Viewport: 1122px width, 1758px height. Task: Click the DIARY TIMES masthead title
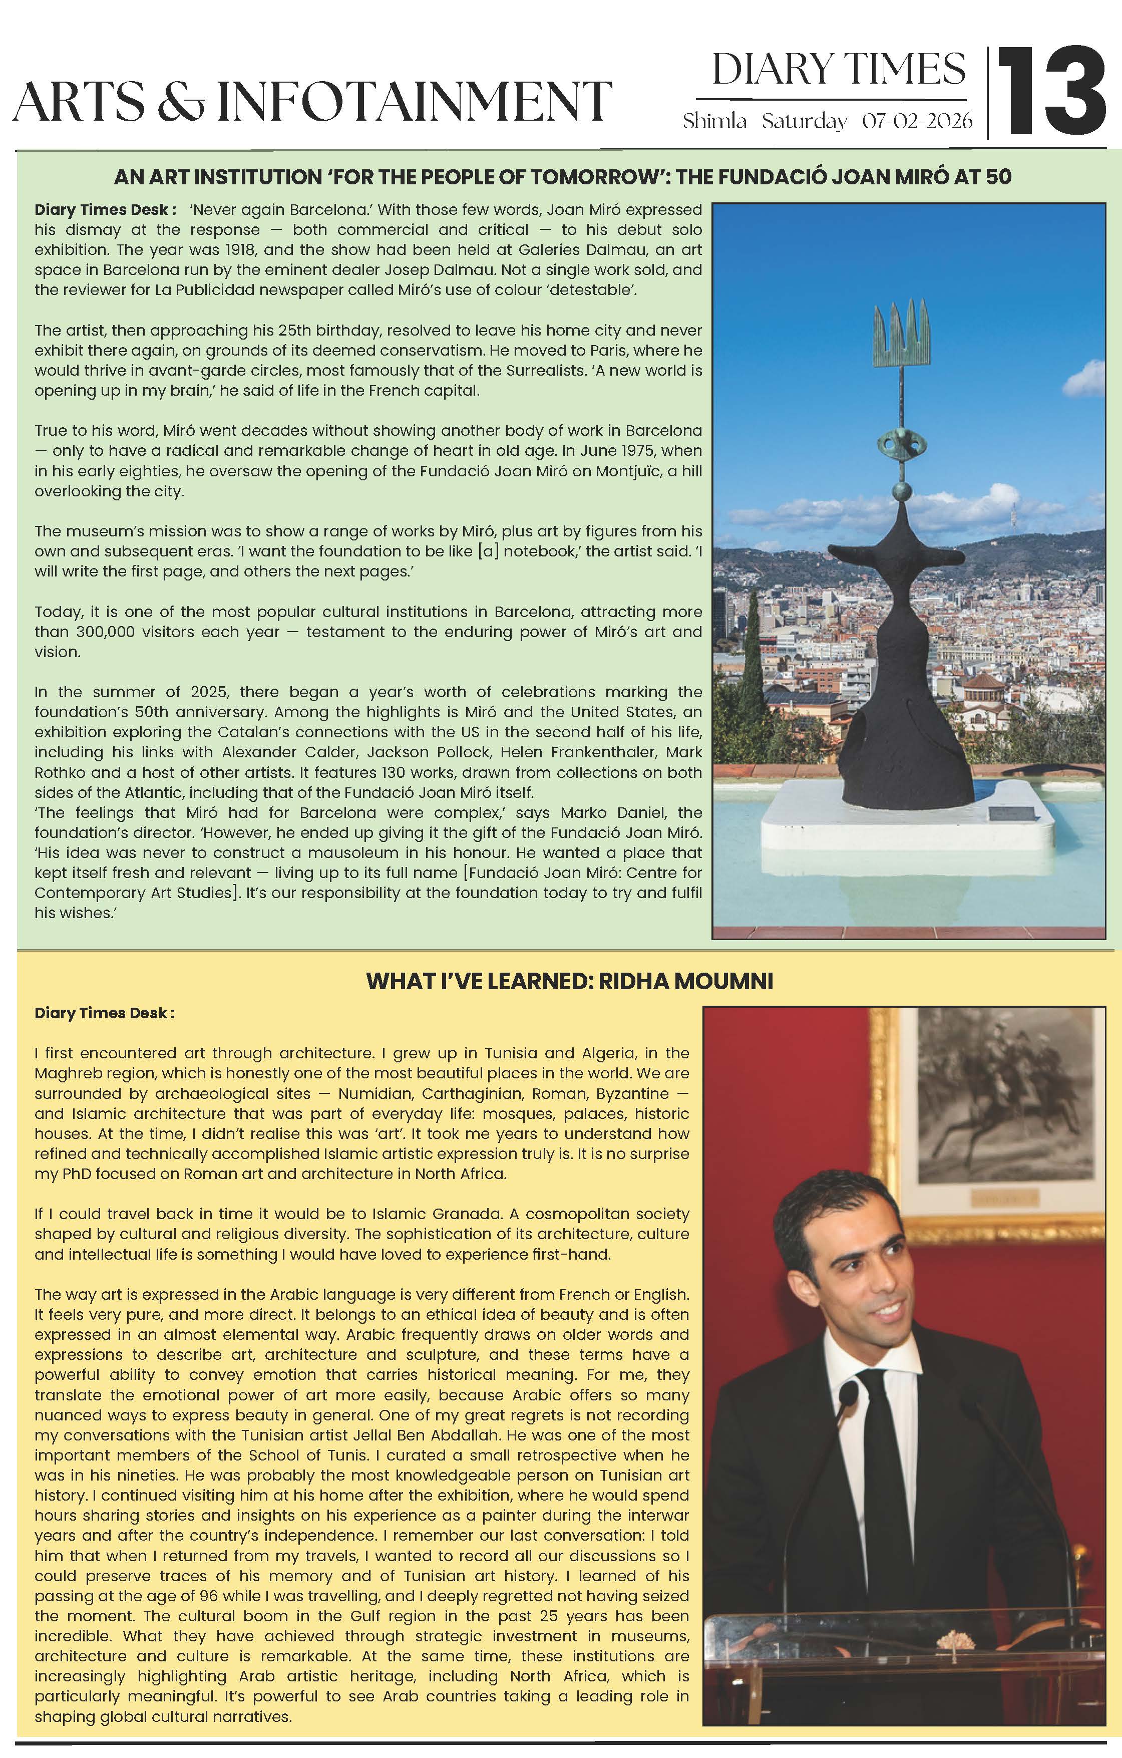click(x=838, y=70)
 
